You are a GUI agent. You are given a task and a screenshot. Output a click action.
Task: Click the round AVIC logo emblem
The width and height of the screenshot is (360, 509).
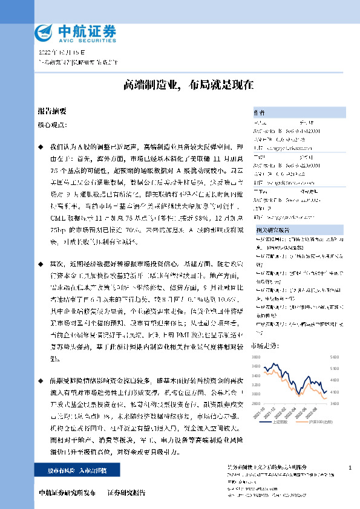pyautogui.click(x=45, y=32)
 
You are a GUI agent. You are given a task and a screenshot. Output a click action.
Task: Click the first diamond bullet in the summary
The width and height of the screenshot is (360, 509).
pyautogui.click(x=41, y=147)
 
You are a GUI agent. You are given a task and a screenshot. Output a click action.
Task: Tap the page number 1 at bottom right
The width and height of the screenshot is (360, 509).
pyautogui.click(x=350, y=468)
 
